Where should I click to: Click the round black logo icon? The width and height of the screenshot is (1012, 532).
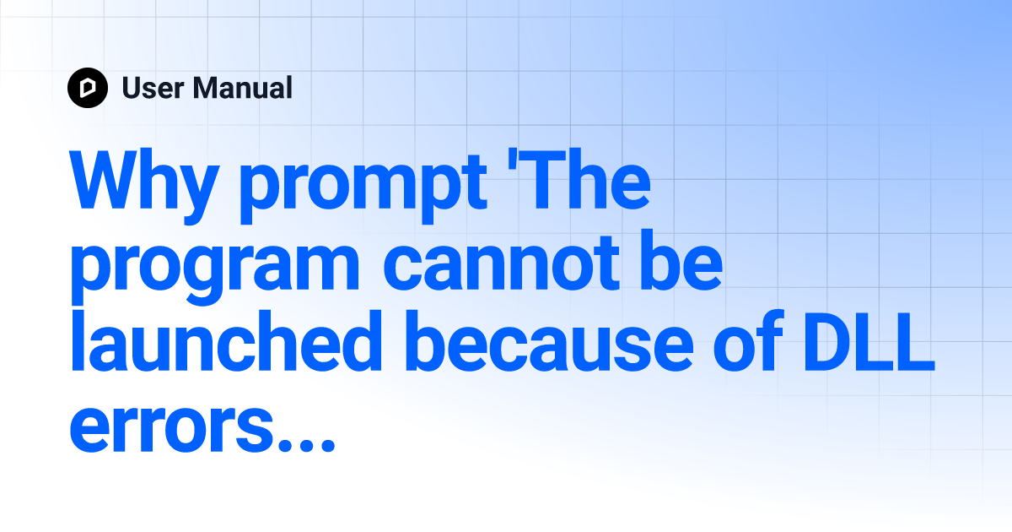click(88, 88)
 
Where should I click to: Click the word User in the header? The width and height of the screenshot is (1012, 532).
click(153, 88)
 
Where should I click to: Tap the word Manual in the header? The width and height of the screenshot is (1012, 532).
click(243, 88)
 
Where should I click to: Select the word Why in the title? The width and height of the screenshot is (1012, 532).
click(144, 186)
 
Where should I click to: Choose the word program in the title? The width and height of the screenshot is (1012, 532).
click(215, 270)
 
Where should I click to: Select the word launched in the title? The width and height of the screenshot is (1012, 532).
click(226, 341)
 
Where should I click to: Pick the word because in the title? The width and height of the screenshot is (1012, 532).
click(549, 341)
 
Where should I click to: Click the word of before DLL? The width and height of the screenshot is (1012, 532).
click(748, 340)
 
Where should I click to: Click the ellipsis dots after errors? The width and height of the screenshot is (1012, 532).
click(306, 444)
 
